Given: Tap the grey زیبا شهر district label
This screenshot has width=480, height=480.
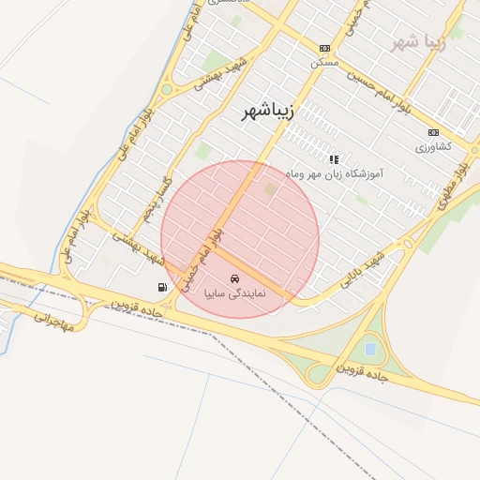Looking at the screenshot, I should [418, 43].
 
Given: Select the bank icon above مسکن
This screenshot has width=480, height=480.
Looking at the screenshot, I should [324, 48].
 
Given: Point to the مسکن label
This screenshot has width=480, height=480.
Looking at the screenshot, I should [323, 62].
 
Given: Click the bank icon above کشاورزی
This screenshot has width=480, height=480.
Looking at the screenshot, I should [432, 132].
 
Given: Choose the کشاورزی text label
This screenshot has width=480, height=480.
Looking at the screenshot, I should [433, 147].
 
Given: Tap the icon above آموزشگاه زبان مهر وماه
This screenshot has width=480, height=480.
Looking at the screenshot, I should [334, 159].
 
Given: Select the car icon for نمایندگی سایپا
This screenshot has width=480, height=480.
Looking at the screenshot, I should [235, 278].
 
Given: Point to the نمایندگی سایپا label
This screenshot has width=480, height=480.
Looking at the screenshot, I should [235, 293].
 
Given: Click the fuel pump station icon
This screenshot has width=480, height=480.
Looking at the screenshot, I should [163, 287].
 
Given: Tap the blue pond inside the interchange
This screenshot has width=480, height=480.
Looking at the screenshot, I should [370, 349].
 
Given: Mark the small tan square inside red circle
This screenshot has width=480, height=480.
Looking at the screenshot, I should [272, 190].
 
